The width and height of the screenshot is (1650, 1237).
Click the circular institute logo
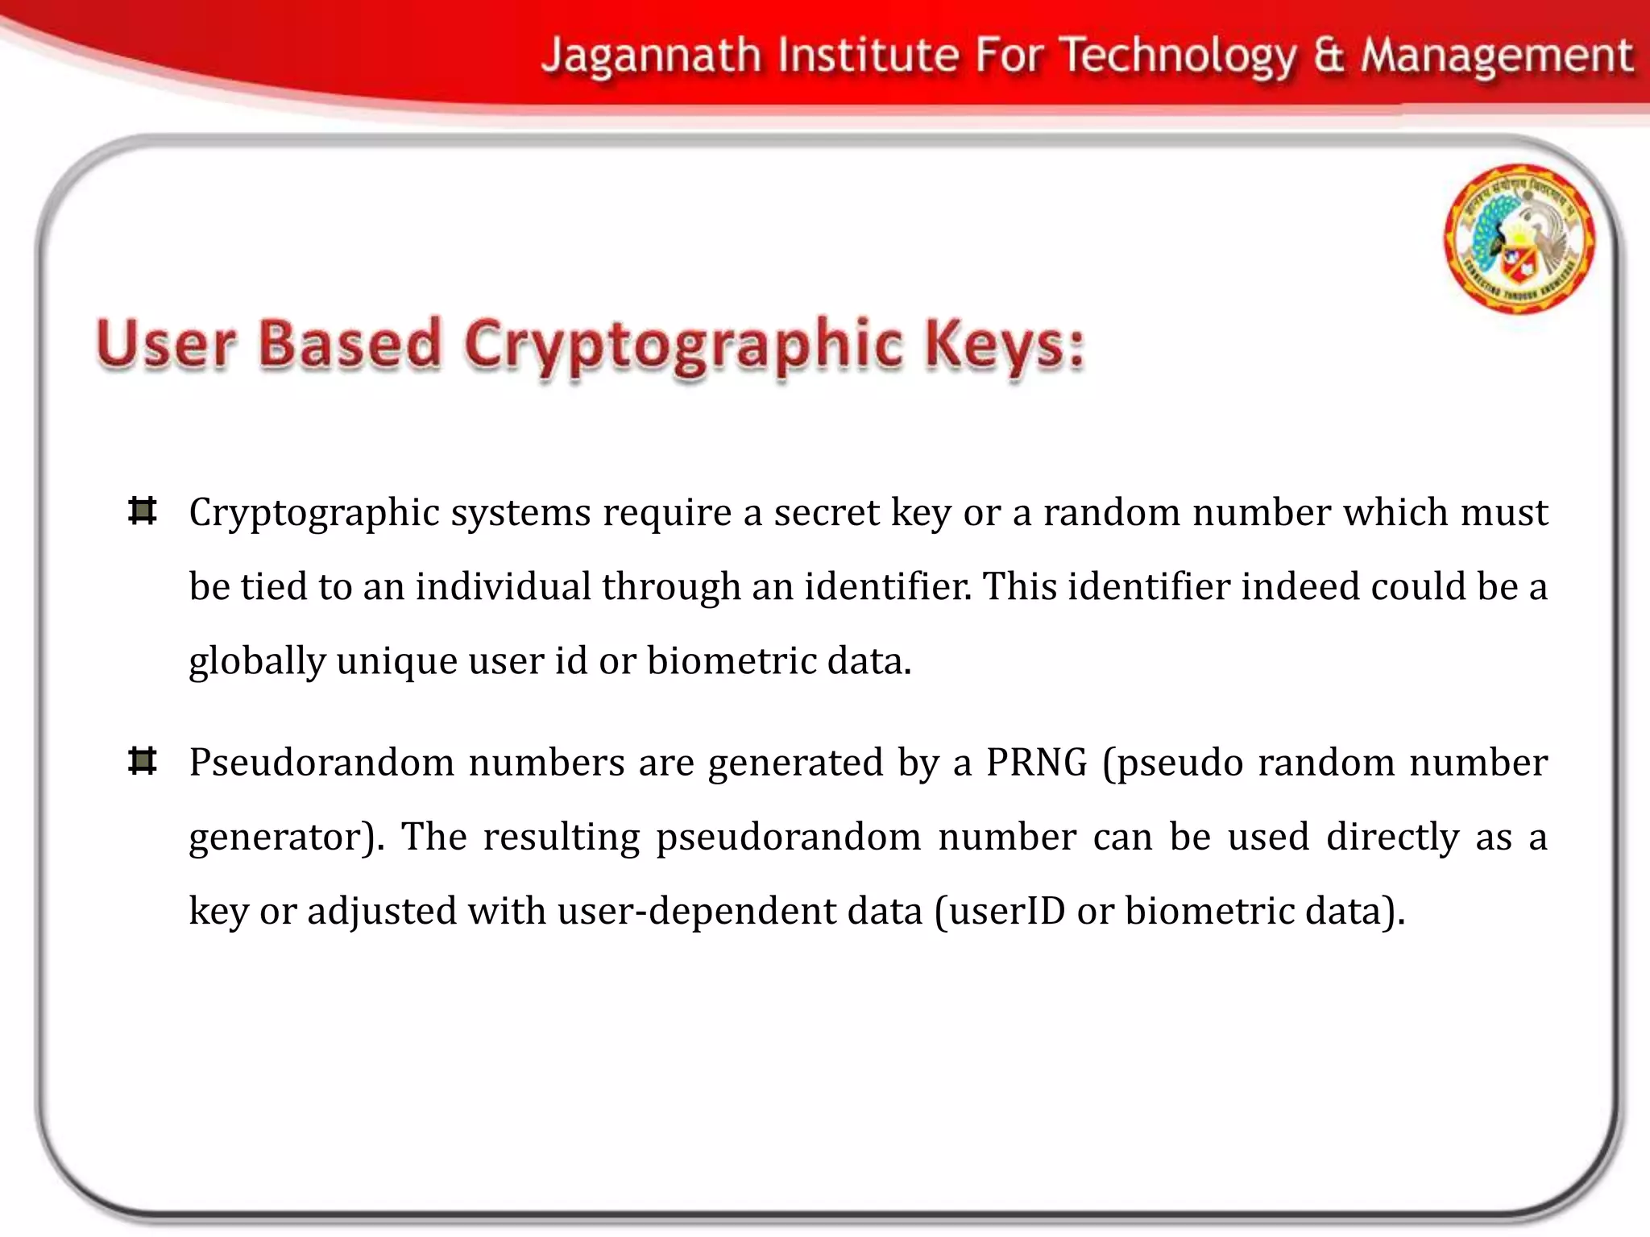pos(1519,238)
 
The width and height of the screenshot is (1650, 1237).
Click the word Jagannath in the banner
pos(652,56)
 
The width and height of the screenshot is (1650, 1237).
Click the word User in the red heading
pos(166,345)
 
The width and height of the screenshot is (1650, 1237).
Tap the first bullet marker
pos(143,511)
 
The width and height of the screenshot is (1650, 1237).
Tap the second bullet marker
pos(143,761)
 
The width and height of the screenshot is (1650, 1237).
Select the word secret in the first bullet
pos(827,512)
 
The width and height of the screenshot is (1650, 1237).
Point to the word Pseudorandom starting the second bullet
pos(321,762)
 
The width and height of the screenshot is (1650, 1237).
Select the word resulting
pos(561,836)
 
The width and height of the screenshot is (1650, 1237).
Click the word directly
pos(1392,838)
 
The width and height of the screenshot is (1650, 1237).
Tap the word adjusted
pos(381,912)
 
